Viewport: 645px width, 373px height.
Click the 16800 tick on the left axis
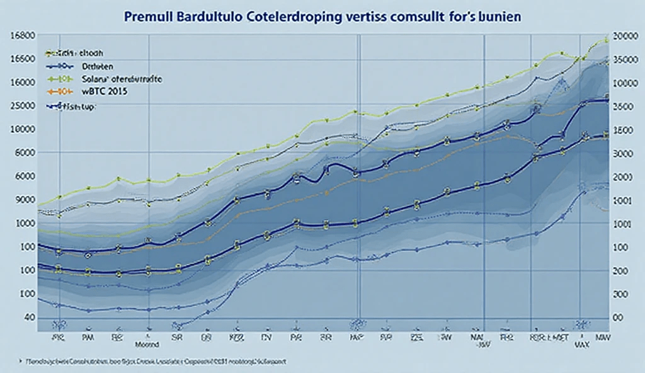(22, 35)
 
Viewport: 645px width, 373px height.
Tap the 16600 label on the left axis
(22, 59)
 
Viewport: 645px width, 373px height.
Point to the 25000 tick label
(22, 106)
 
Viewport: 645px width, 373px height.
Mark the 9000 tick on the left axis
(22, 200)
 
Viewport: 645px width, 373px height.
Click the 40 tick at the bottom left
(28, 318)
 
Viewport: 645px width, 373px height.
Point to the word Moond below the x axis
(149, 345)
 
